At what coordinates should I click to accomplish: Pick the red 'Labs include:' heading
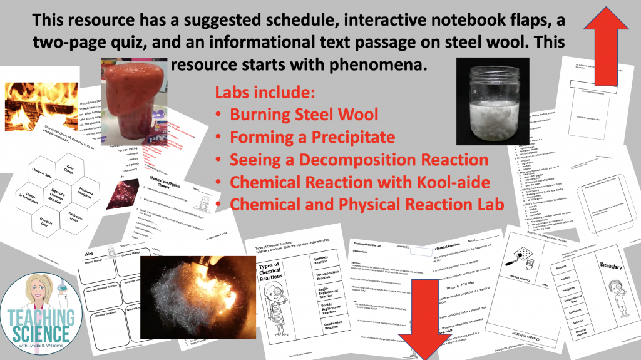coord(265,93)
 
